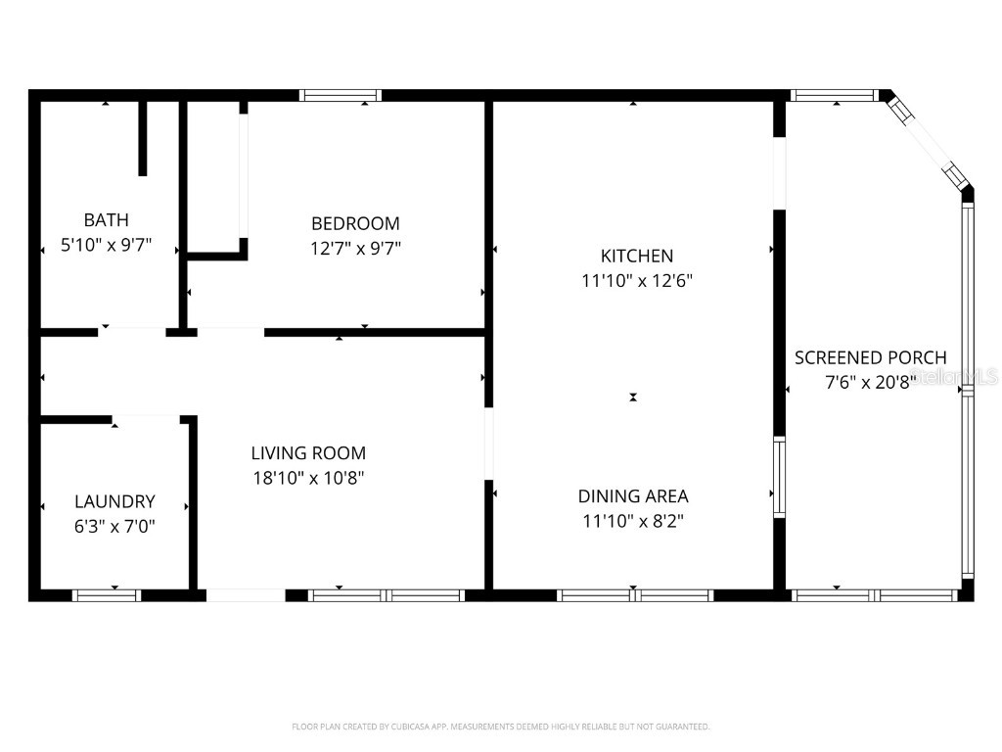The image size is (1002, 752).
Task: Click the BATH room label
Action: point(106,220)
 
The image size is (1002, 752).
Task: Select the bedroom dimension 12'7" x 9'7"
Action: point(355,248)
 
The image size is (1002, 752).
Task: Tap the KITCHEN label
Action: point(636,256)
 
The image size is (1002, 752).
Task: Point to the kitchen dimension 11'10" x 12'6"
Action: point(636,280)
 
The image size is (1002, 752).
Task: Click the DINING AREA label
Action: point(632,495)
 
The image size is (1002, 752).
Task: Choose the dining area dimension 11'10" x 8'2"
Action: point(632,521)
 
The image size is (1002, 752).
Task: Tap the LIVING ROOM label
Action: point(308,452)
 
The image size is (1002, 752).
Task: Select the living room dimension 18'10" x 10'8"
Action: point(308,478)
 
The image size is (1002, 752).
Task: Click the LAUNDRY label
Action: point(114,501)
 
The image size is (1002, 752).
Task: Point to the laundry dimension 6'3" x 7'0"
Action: point(114,526)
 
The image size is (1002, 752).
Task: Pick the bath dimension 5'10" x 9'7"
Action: point(106,245)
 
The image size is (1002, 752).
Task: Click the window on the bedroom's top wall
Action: point(340,95)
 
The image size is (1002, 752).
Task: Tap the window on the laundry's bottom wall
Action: point(107,594)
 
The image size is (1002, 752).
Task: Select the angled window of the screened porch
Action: point(926,139)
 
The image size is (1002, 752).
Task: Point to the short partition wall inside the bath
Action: point(143,137)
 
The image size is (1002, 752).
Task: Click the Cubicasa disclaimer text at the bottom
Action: point(500,727)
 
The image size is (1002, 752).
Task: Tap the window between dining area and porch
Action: point(780,477)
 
